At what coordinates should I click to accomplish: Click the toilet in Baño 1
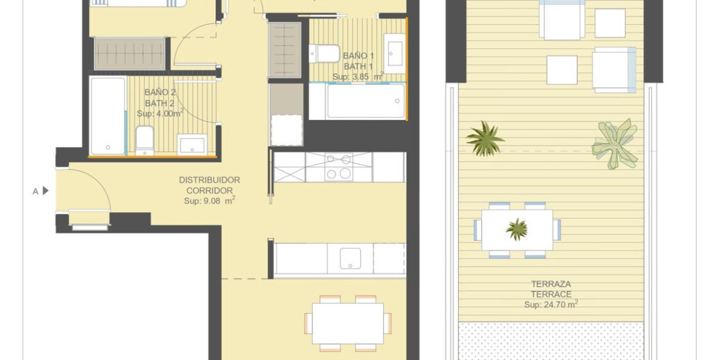tap(324, 53)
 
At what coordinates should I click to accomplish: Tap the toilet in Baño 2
tap(144, 141)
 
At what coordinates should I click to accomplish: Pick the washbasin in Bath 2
tap(192, 145)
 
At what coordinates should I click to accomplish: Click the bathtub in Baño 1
tap(357, 101)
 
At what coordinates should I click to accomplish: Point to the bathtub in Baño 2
tap(108, 116)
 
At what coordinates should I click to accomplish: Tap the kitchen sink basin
tap(350, 259)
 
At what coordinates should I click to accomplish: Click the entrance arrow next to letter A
tap(45, 191)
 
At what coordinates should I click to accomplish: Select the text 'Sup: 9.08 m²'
tap(210, 200)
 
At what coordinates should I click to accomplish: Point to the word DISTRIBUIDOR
tap(210, 180)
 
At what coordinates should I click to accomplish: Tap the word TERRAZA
tap(551, 284)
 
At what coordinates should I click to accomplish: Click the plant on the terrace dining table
tap(517, 229)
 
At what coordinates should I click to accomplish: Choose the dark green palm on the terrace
tap(485, 139)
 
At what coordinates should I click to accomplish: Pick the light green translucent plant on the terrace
tap(615, 144)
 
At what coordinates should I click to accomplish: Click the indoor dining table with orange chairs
tap(348, 323)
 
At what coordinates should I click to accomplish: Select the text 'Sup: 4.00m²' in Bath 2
tap(160, 113)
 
